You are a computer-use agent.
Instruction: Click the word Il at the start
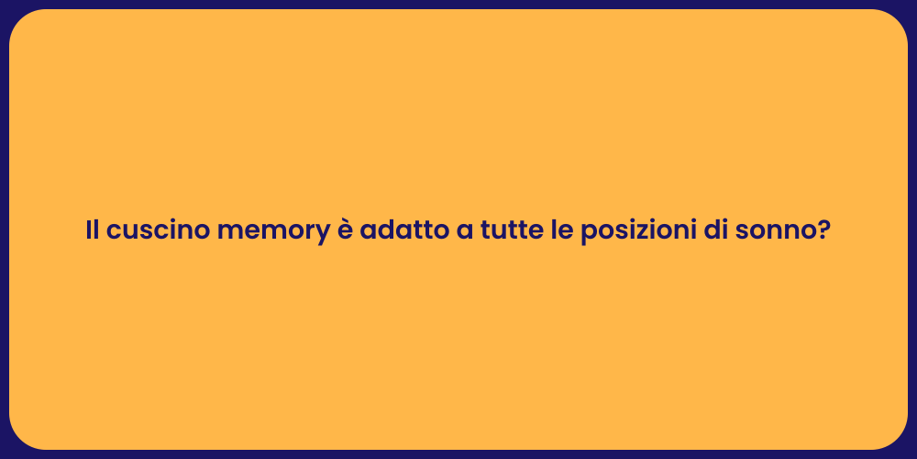[x=93, y=230]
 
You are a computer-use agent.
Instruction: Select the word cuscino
[x=157, y=230]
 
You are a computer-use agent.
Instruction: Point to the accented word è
[x=341, y=230]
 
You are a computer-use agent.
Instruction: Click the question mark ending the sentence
[x=824, y=230]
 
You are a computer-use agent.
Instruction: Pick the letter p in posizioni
[x=589, y=234]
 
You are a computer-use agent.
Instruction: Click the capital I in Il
[x=89, y=230]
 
